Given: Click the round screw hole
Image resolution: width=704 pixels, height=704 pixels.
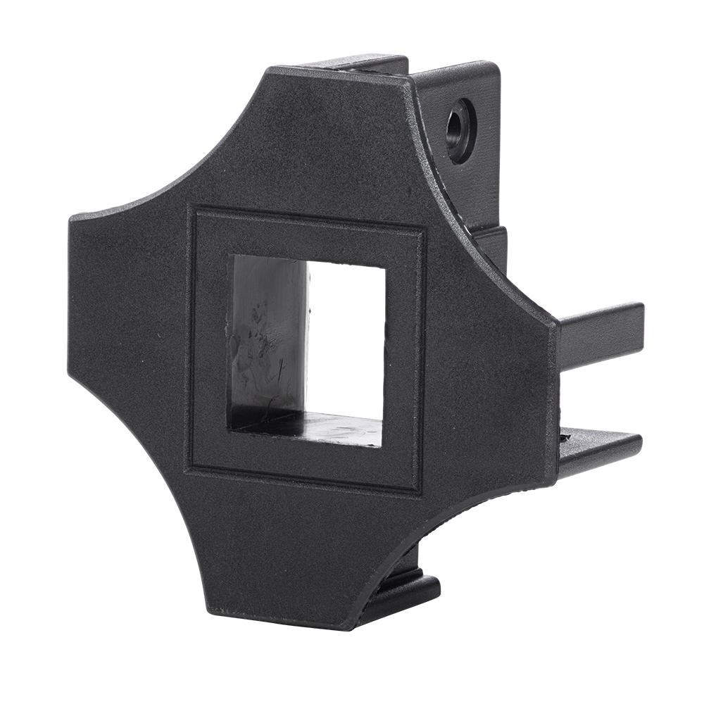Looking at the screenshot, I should point(461,123).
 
